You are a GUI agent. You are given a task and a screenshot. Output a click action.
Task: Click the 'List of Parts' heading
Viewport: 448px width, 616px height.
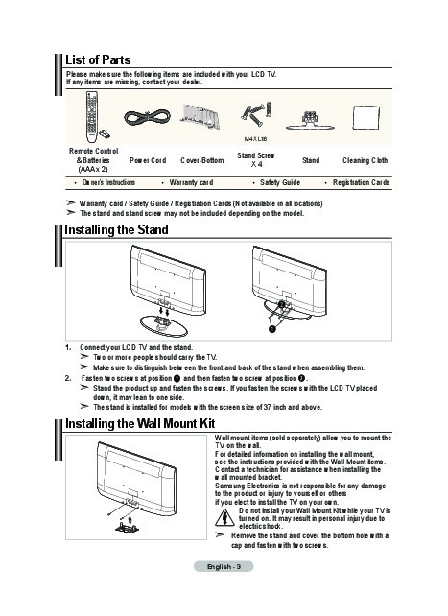98,59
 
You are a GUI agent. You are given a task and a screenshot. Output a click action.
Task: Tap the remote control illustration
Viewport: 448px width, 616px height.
92,117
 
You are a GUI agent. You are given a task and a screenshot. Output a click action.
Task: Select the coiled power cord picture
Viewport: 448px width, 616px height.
147,117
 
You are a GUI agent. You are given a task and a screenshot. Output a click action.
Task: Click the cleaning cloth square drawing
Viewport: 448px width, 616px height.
365,117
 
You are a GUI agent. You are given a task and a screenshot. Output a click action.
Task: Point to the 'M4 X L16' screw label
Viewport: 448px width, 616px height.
255,139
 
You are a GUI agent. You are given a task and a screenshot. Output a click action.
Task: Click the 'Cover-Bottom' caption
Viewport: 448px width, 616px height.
201,160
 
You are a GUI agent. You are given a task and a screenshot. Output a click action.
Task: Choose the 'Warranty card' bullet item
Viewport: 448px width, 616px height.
191,182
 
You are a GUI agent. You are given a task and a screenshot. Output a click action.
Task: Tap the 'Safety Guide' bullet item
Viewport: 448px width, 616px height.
280,182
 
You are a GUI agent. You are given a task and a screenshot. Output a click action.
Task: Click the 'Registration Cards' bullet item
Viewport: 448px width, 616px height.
361,182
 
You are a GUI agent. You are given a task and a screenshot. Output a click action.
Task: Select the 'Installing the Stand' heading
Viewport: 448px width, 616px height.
116,230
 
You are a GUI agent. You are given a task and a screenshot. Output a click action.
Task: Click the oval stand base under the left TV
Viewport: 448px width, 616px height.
164,325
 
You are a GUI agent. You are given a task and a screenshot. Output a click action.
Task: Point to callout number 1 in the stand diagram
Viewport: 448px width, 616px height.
271,328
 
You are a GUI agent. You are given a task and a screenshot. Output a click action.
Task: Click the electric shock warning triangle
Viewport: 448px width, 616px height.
224,517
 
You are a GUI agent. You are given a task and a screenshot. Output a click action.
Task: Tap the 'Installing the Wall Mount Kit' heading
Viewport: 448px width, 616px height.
140,424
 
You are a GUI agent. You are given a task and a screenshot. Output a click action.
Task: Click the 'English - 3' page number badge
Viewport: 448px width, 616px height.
224,566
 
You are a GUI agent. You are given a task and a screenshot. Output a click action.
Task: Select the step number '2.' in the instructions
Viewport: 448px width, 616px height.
68,378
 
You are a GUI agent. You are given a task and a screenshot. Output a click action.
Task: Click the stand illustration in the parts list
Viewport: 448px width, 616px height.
310,121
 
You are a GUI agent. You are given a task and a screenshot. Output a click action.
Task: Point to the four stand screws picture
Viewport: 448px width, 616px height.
256,114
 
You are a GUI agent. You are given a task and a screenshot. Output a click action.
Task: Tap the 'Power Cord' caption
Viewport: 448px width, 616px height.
148,160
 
